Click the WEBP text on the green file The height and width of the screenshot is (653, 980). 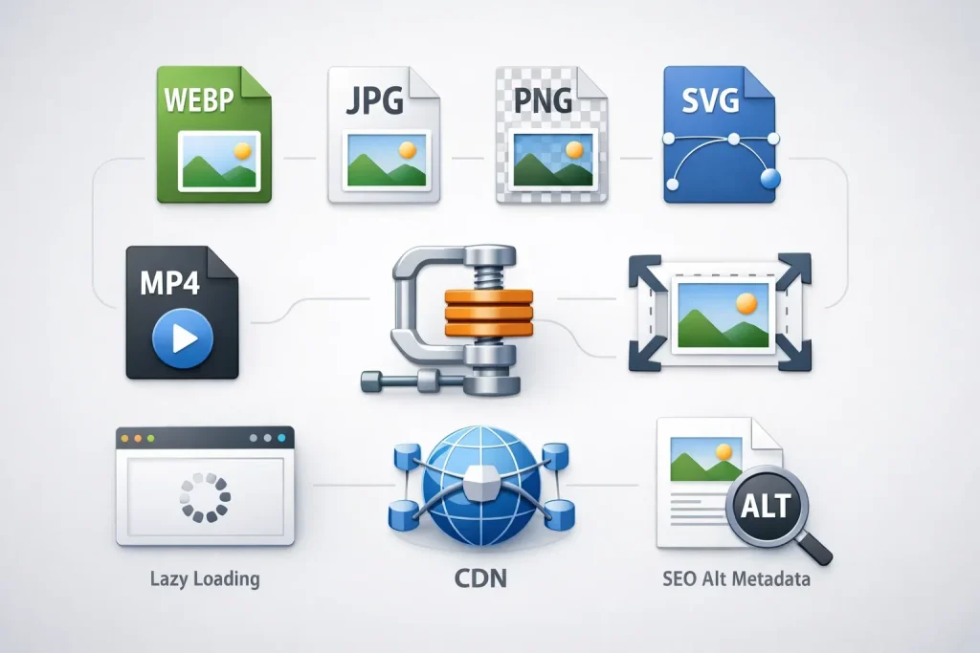click(199, 99)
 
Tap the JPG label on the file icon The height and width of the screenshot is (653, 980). click(374, 100)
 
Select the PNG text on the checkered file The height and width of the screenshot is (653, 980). click(543, 100)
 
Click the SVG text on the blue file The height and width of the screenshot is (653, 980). click(710, 99)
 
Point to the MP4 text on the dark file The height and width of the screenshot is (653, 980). click(169, 282)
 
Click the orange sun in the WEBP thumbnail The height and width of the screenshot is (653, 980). click(242, 150)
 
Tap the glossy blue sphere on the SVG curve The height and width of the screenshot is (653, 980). click(769, 179)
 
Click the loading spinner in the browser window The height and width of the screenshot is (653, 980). click(205, 497)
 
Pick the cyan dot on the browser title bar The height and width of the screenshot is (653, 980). click(281, 438)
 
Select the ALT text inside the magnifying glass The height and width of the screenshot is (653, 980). click(766, 507)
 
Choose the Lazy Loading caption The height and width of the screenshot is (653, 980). click(205, 579)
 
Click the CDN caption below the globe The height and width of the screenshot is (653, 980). click(480, 578)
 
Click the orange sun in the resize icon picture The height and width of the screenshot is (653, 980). click(746, 304)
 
